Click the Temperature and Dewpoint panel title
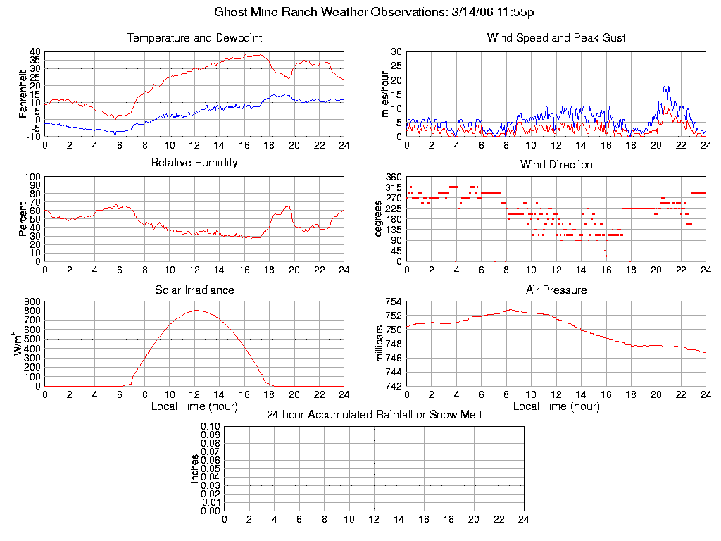click(x=194, y=37)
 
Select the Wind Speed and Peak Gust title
click(x=556, y=37)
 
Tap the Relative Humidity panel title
click(x=194, y=163)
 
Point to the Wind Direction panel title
click(x=556, y=164)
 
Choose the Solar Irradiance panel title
click(x=194, y=290)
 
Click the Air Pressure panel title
click(x=556, y=290)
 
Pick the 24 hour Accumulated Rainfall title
click(x=374, y=415)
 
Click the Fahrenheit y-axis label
click(x=23, y=94)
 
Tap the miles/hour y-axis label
click(x=385, y=94)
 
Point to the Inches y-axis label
click(x=195, y=468)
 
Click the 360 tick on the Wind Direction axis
click(x=393, y=177)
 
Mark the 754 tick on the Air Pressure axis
click(x=393, y=302)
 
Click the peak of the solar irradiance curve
click(x=196, y=310)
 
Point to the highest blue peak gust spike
click(x=665, y=87)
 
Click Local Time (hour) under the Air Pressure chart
click(x=556, y=406)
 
